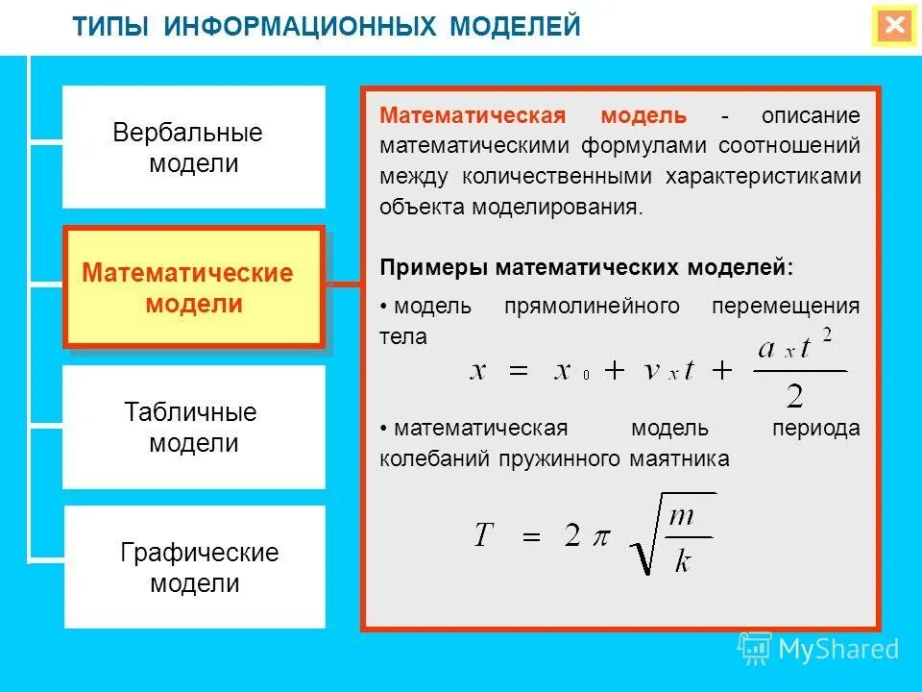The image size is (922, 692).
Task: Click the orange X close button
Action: click(895, 26)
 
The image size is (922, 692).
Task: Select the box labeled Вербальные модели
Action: click(194, 147)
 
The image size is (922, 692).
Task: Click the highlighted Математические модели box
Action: click(193, 287)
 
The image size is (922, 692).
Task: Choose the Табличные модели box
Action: click(194, 428)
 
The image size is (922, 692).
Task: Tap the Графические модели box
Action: click(195, 567)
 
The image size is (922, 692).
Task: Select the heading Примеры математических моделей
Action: click(587, 267)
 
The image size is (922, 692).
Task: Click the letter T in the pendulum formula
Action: click(484, 535)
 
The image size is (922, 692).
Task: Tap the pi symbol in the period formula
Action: click(600, 536)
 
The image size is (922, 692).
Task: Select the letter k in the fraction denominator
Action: click(682, 561)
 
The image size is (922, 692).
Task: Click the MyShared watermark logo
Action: click(818, 649)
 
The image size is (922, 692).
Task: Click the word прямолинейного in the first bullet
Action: click(592, 307)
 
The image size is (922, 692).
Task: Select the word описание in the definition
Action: click(811, 116)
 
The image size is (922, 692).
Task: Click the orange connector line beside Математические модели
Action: click(342, 284)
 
